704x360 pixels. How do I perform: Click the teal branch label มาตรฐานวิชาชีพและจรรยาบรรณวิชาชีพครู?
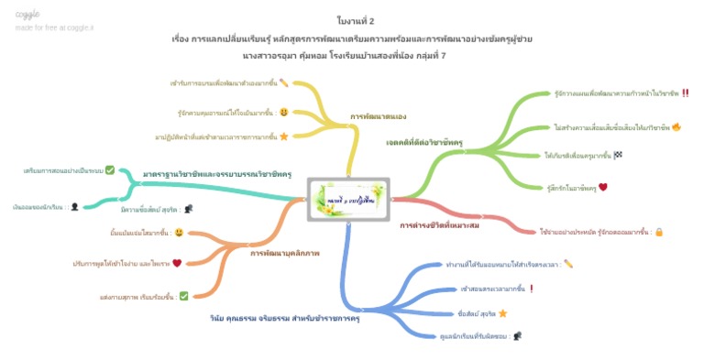[217, 173]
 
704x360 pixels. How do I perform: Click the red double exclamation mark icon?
[685, 93]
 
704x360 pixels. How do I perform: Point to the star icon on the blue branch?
[503, 313]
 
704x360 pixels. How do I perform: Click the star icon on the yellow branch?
[284, 136]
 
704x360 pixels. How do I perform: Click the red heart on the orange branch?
[177, 263]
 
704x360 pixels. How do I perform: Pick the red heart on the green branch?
[603, 187]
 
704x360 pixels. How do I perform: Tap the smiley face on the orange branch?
[179, 233]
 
